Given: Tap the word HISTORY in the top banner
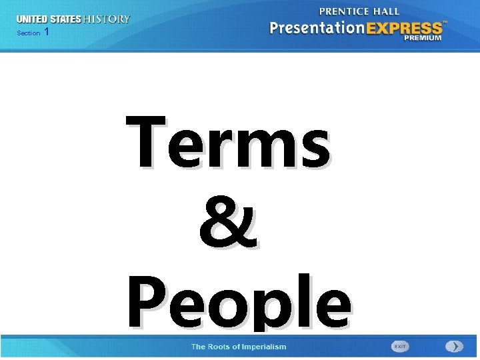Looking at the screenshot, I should coord(107,19).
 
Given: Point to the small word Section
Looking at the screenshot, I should coord(29,33).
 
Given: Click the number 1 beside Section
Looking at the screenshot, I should coord(46,32).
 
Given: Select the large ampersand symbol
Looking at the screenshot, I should coord(228,223).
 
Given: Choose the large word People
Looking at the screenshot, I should coord(239,303).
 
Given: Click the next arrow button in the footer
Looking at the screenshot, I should coord(454,347).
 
